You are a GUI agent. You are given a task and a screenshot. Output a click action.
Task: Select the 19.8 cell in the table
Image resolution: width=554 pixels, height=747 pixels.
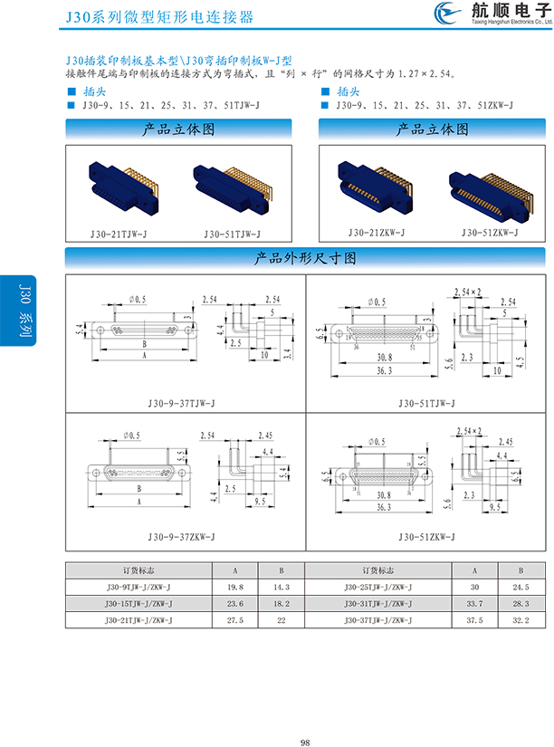point(235,587)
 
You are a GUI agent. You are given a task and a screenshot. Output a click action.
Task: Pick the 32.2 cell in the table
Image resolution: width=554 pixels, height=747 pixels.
point(521,619)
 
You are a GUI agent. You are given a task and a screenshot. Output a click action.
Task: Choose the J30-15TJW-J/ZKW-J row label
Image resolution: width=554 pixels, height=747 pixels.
point(138,603)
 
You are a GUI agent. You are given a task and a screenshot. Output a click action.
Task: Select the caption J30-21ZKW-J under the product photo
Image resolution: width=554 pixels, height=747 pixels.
point(374,233)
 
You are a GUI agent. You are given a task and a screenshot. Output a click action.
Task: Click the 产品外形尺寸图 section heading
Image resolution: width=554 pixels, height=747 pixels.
point(308,258)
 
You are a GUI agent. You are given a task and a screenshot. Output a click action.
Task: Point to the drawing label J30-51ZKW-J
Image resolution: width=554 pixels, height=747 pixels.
point(425,537)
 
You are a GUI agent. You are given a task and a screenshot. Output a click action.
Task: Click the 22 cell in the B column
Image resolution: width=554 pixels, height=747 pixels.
point(281,619)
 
